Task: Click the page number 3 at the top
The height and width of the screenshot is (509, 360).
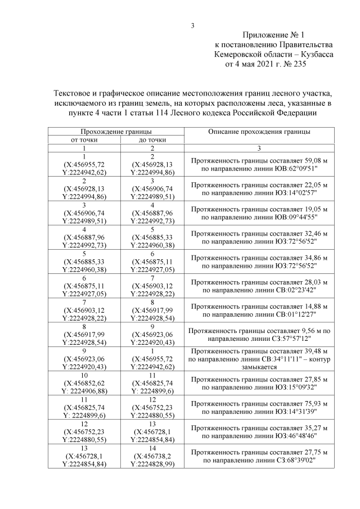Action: [193, 24]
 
